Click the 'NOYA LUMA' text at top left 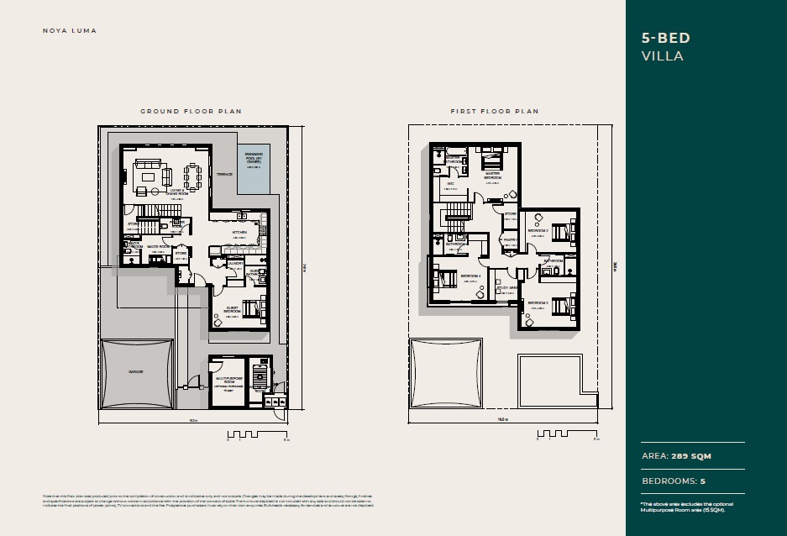point(70,31)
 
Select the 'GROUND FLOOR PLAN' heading point(191,111)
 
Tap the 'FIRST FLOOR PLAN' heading point(494,111)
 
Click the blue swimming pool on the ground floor point(254,168)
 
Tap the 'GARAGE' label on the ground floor point(135,370)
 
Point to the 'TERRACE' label point(224,175)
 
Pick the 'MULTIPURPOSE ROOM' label point(228,379)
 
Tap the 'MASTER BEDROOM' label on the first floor point(493,176)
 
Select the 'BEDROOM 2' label point(537,229)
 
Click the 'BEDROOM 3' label point(538,302)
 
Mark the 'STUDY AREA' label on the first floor point(506,287)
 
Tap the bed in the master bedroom point(492,158)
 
